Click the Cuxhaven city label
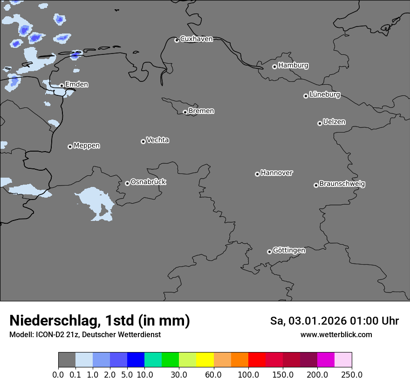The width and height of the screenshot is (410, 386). click(x=196, y=39)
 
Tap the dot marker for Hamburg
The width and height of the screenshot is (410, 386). click(x=274, y=67)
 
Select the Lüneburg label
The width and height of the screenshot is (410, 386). click(x=325, y=94)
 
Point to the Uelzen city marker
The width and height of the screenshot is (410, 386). click(x=320, y=123)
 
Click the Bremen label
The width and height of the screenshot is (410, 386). click(x=201, y=111)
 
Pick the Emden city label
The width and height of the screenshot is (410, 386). click(x=76, y=84)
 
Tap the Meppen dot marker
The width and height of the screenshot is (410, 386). click(x=70, y=146)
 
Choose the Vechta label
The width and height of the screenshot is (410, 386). click(x=157, y=140)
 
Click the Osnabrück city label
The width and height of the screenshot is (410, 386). click(x=148, y=182)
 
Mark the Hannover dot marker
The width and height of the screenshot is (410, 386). click(x=257, y=174)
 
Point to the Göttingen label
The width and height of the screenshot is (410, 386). click(x=289, y=250)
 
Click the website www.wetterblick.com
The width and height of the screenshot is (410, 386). click(x=336, y=334)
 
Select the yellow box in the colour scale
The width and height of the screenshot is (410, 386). click(x=205, y=360)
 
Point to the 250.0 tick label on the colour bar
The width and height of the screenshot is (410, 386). click(x=352, y=375)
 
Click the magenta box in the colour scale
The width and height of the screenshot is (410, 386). click(x=326, y=360)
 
